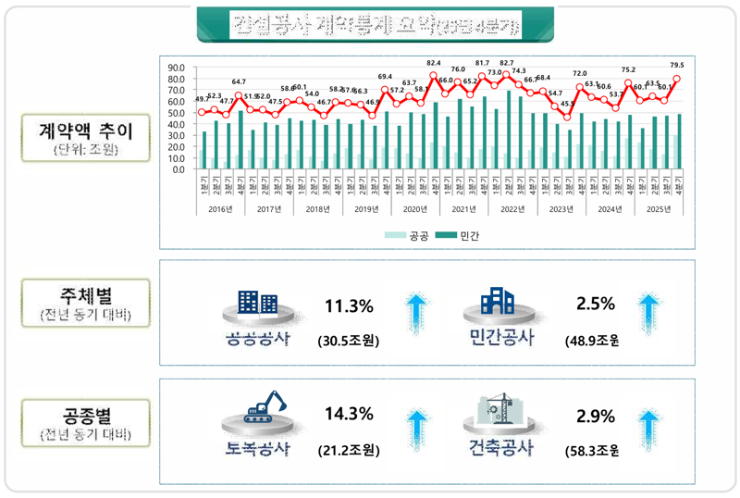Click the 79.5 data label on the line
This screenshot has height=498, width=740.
(x=676, y=66)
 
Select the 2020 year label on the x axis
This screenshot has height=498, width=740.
(x=415, y=209)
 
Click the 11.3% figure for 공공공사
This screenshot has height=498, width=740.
(x=349, y=306)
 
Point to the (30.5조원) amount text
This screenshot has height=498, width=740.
(x=349, y=340)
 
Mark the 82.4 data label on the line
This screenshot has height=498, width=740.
(x=433, y=63)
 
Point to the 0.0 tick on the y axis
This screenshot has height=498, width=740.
(x=177, y=169)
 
